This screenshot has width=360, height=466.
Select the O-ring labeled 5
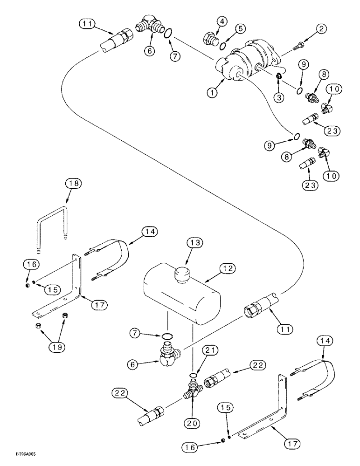pyautogui.click(x=224, y=45)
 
